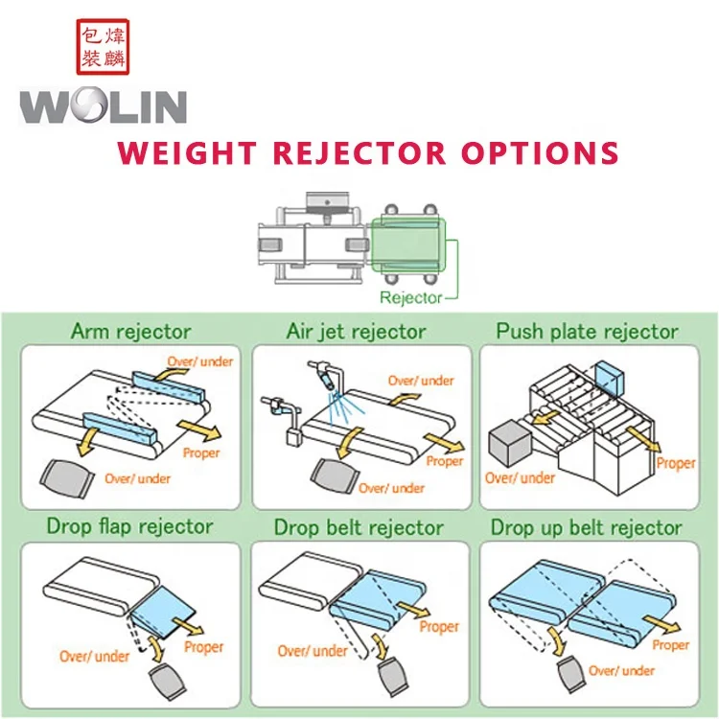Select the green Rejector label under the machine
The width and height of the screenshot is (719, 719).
pyautogui.click(x=410, y=297)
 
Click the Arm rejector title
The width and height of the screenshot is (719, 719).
pyautogui.click(x=130, y=332)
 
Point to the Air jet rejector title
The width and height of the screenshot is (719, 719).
pyautogui.click(x=356, y=332)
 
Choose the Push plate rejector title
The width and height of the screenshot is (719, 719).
pyautogui.click(x=587, y=332)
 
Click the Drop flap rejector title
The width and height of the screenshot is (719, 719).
pyautogui.click(x=129, y=526)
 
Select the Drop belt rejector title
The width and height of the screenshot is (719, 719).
pyautogui.click(x=359, y=527)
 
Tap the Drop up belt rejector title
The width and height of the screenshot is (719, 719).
pyautogui.click(x=587, y=527)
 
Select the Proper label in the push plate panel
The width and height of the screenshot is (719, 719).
pyautogui.click(x=676, y=463)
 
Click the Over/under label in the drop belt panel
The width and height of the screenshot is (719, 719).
pyautogui.click(x=313, y=651)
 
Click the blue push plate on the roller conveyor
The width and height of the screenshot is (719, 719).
pyautogui.click(x=611, y=376)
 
